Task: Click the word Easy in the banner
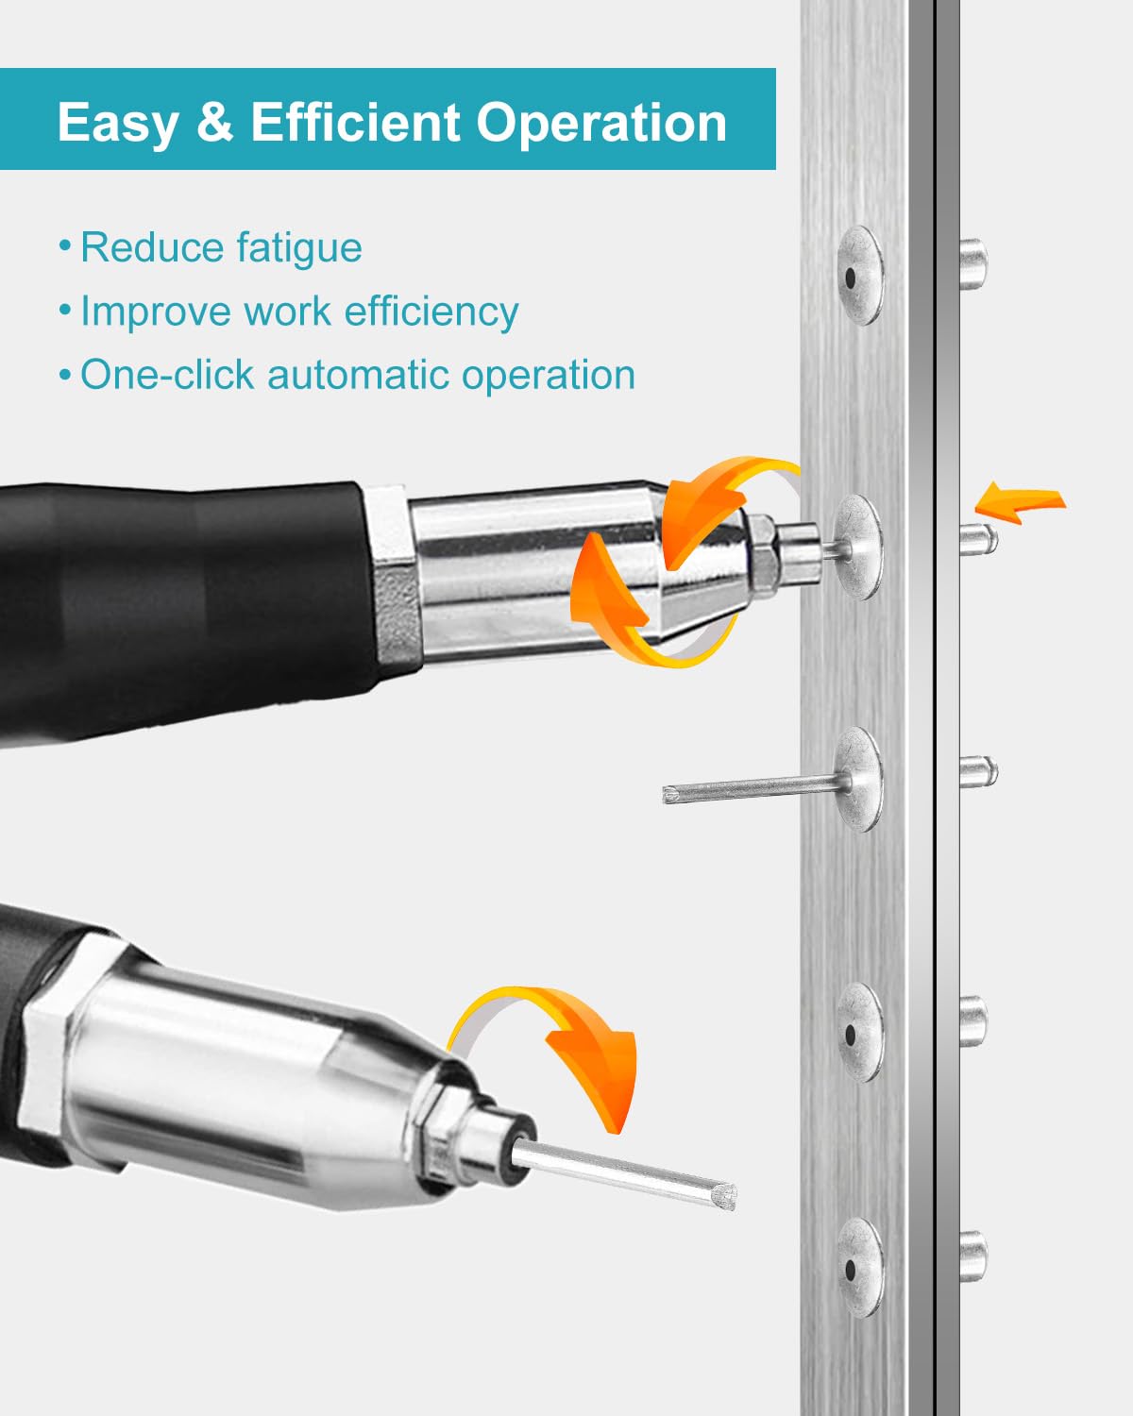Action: [x=118, y=124]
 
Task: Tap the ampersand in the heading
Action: [x=214, y=123]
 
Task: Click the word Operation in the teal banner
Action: [x=601, y=124]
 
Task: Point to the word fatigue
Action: [x=299, y=248]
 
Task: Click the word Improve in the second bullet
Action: [x=156, y=312]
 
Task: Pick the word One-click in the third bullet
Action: [x=167, y=375]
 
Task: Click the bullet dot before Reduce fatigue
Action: [x=64, y=246]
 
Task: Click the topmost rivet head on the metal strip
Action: [x=860, y=276]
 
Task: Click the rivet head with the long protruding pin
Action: [x=860, y=779]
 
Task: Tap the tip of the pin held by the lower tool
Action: [x=732, y=1195]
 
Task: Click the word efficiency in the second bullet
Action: [x=431, y=312]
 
